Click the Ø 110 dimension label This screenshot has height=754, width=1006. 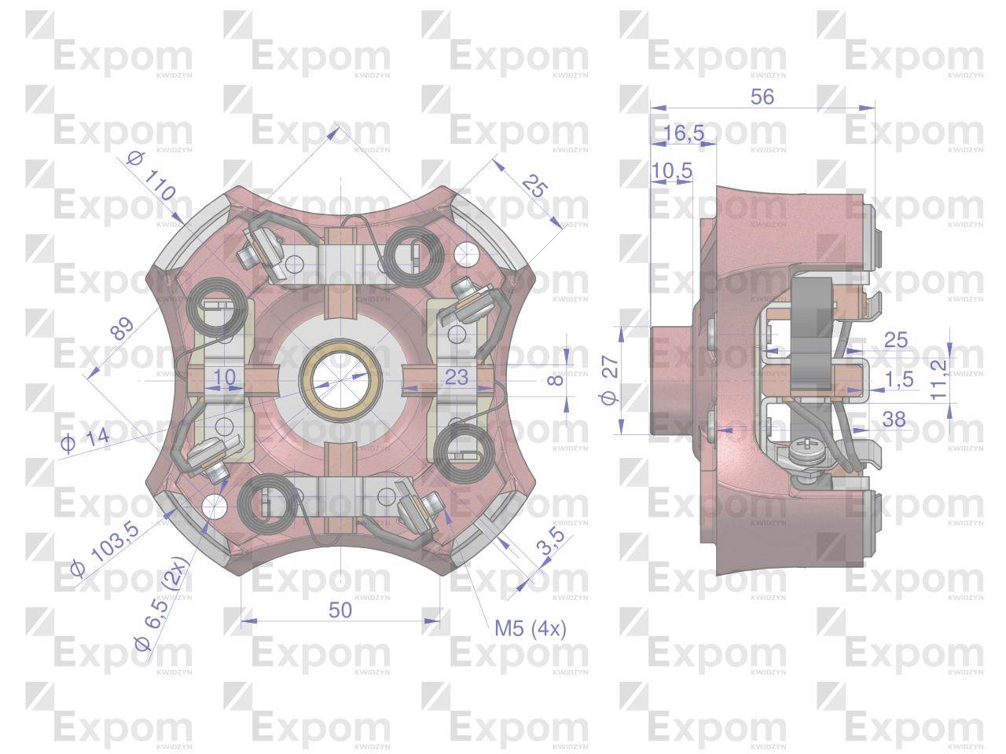(x=151, y=176)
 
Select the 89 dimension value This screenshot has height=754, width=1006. (x=123, y=328)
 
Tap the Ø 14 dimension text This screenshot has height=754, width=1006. (x=85, y=440)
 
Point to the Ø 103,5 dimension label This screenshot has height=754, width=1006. (x=105, y=549)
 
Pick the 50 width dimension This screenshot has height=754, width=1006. (x=340, y=610)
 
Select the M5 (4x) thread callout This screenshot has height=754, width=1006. (x=531, y=628)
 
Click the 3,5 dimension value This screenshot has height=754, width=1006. (x=550, y=542)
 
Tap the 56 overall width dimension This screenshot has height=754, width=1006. (x=762, y=97)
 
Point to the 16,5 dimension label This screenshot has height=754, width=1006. (x=684, y=133)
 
